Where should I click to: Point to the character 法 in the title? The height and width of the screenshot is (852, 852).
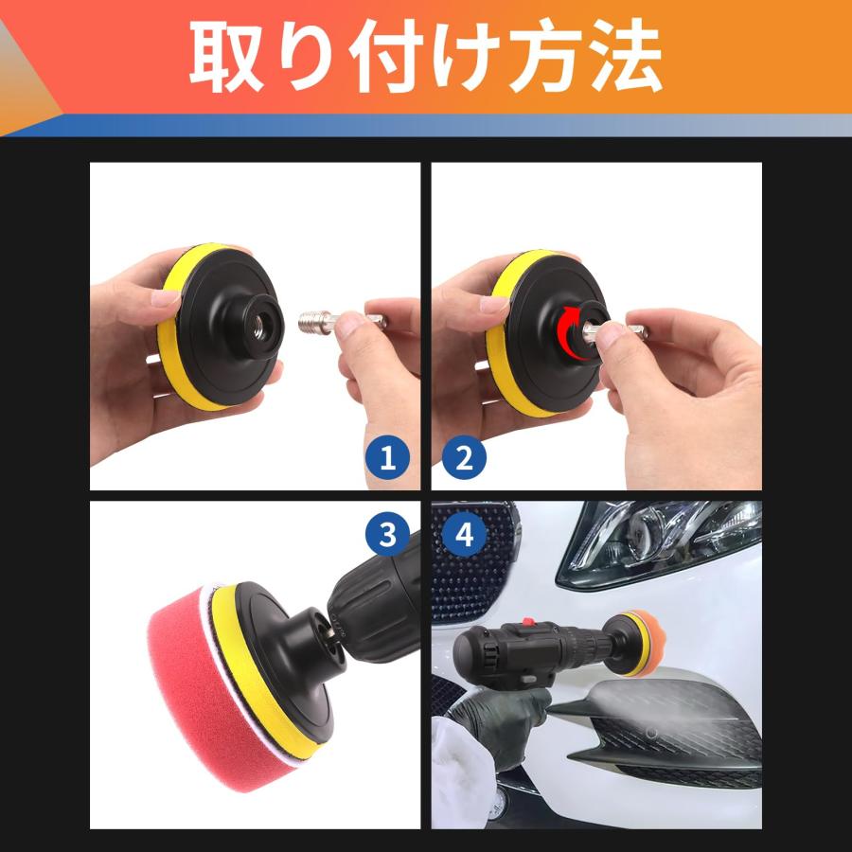click(x=623, y=58)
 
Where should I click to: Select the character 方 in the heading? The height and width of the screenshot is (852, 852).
click(x=541, y=58)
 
